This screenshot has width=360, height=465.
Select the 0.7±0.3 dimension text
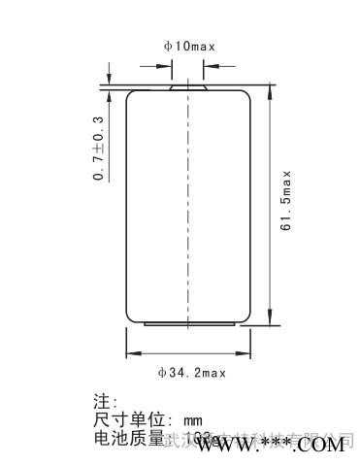tap(98, 149)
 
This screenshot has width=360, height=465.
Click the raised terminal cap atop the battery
tap(187, 85)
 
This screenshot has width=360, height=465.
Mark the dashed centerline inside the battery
tap(187, 204)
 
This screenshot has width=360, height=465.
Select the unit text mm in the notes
tap(191, 420)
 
